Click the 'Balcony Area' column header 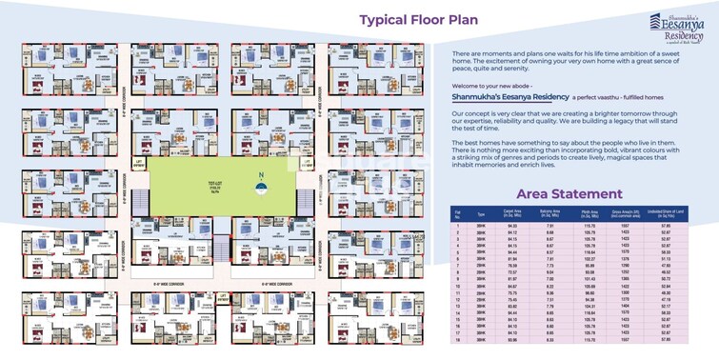click(550, 215)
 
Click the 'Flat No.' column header click(458, 215)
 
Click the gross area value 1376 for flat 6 click(628, 259)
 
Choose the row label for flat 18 click(458, 339)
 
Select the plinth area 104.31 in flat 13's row click(589, 306)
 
